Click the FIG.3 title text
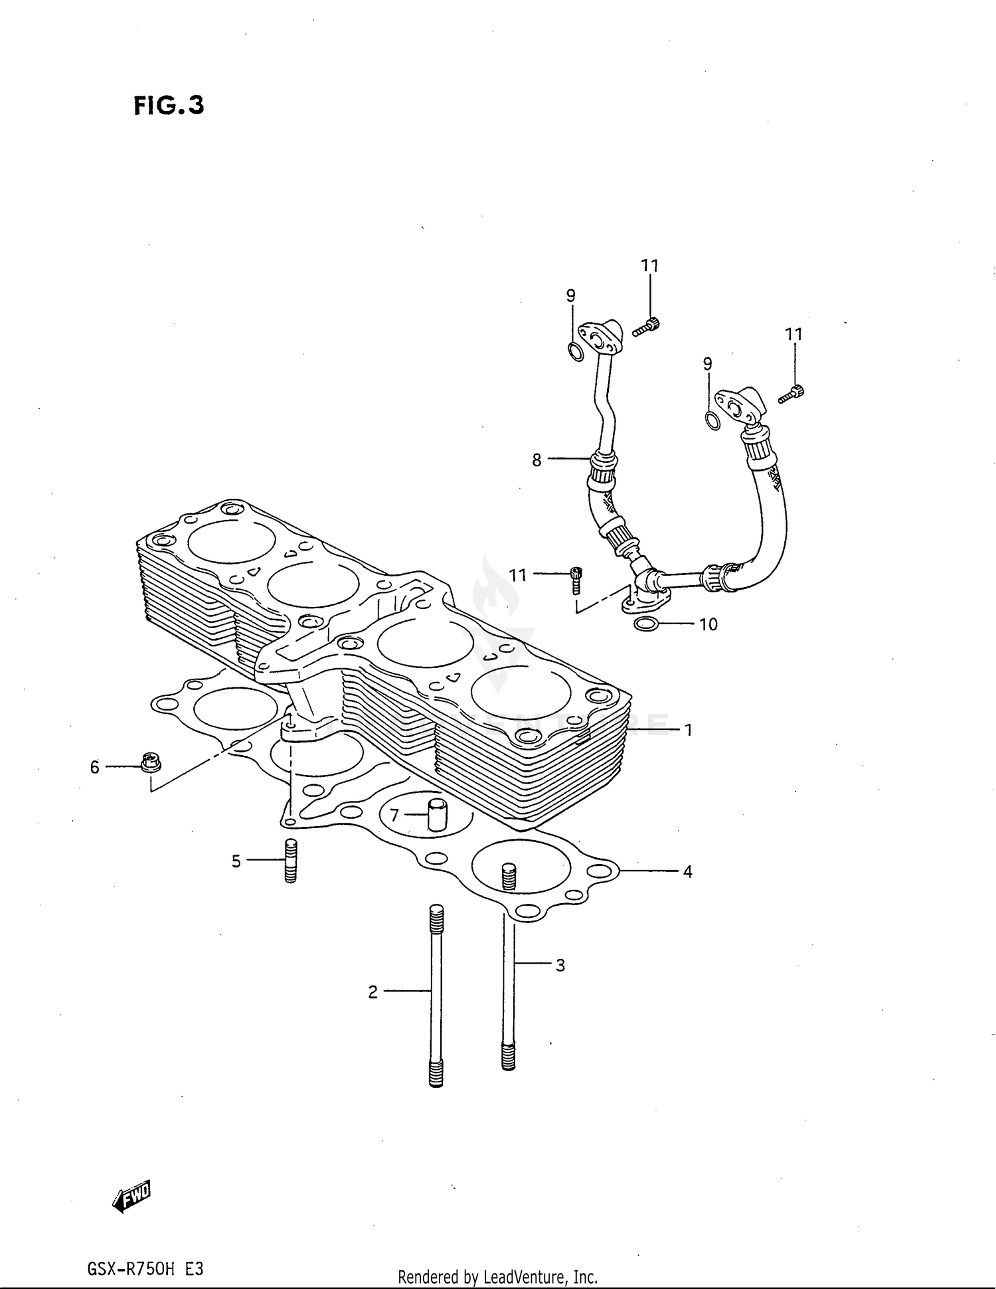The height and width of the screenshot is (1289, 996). [x=169, y=105]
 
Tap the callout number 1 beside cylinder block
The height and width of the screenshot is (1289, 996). [x=689, y=730]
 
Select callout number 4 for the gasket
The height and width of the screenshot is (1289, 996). [x=687, y=871]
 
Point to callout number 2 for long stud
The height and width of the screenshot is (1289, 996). [x=373, y=992]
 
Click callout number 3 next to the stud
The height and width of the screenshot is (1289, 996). [x=560, y=965]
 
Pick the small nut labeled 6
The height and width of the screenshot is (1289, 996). [x=151, y=763]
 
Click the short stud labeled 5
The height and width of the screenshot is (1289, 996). [x=290, y=861]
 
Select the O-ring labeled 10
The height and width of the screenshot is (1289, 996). [x=646, y=624]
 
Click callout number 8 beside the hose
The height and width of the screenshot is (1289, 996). [x=537, y=460]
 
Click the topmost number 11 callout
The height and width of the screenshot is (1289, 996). [x=649, y=266]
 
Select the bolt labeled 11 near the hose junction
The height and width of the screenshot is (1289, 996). [x=576, y=580]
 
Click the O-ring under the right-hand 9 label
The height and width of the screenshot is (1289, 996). [x=711, y=420]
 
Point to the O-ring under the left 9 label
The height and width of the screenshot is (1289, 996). [x=576, y=352]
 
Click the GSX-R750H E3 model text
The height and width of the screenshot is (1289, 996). [x=145, y=1269]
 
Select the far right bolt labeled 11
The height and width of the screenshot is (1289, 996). [x=791, y=394]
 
